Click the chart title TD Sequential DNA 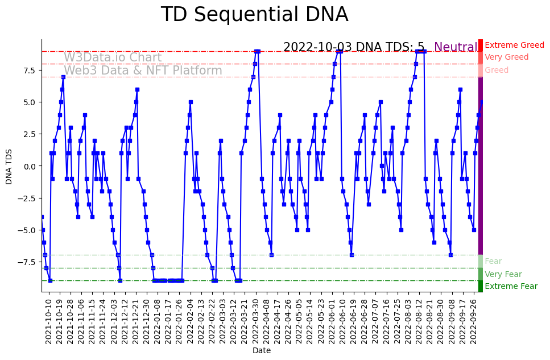(x=254, y=15)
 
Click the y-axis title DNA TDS (x=9, y=165)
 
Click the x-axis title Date (x=262, y=350)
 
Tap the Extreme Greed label (x=514, y=45)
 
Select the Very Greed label (x=506, y=57)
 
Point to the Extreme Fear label (x=511, y=286)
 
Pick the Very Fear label (x=503, y=274)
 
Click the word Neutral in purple (x=456, y=47)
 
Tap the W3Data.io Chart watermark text (x=113, y=57)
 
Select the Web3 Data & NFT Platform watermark (x=143, y=71)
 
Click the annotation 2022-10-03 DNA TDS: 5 (x=354, y=47)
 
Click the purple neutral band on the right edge (x=481, y=165)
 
